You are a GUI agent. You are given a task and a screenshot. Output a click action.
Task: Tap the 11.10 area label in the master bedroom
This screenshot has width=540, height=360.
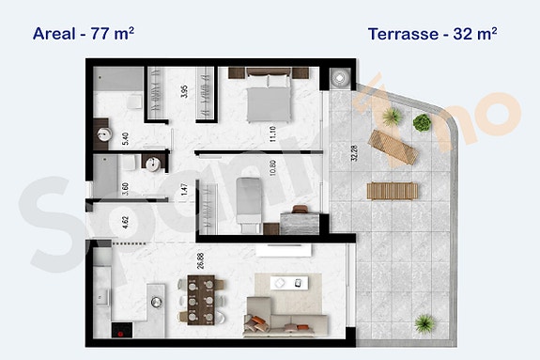coord(270,133)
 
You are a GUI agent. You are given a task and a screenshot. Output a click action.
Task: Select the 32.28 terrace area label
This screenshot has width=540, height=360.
coord(353,149)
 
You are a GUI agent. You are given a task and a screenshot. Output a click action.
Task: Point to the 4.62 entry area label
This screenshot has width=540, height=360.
coord(126,224)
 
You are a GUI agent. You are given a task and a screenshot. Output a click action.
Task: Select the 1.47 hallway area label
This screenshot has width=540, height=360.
coord(184,189)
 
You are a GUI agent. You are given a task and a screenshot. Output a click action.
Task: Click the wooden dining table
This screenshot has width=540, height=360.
coord(200,296)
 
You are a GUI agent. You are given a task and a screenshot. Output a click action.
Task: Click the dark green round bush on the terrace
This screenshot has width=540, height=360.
coord(423,122)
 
